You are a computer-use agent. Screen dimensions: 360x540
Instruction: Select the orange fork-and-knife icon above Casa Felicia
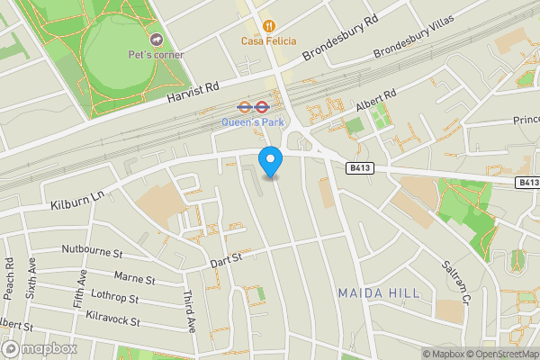(268, 24)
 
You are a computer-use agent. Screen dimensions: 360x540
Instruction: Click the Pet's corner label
(156, 55)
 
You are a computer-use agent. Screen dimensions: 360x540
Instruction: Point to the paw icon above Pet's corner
(156, 40)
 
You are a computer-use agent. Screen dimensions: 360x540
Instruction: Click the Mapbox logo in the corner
(40, 348)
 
